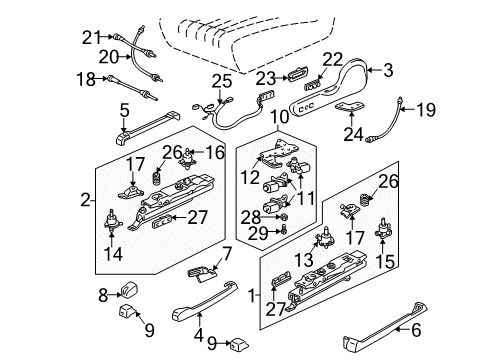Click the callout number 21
92,37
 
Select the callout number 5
124,111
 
